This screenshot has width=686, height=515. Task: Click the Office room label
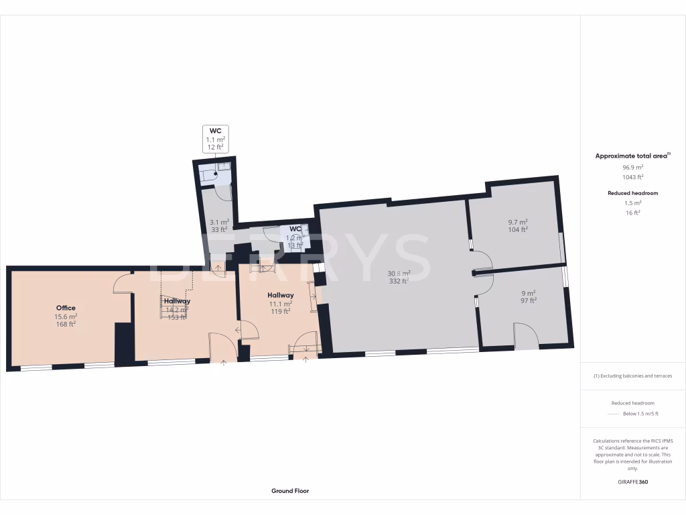[66, 308]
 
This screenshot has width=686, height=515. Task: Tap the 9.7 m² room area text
[518, 222]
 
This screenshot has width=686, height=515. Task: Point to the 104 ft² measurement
[518, 229]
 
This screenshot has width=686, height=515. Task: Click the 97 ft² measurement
[529, 300]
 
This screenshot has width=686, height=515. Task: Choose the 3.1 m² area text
[219, 222]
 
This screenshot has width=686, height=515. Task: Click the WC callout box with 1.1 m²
[215, 138]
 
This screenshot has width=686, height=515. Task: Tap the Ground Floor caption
[290, 491]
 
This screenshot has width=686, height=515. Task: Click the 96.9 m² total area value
[633, 167]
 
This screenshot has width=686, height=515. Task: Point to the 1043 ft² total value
[633, 177]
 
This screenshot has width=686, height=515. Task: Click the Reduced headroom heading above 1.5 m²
[633, 193]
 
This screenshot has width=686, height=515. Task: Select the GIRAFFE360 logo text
[633, 481]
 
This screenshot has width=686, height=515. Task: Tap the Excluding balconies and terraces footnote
[633, 376]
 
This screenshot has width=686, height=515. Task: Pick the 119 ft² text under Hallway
[280, 311]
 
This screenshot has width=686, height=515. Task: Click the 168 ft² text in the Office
[66, 324]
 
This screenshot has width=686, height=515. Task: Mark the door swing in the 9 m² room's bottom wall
[526, 336]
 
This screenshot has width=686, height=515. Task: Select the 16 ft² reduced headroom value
[633, 212]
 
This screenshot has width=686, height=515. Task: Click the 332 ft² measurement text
[399, 281]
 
